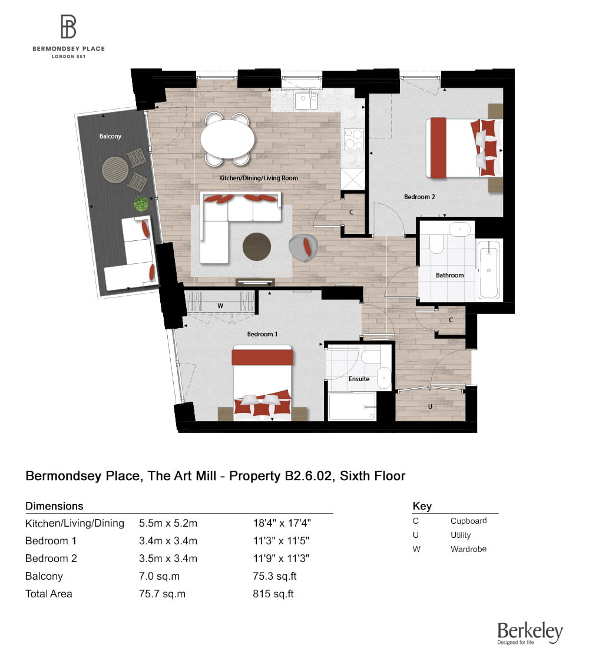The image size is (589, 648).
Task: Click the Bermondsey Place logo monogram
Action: pos(69,27)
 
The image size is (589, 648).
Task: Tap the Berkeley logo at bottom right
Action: pos(530,633)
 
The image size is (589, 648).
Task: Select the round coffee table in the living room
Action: pos(257,247)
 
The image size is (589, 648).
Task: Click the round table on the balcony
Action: pos(115,170)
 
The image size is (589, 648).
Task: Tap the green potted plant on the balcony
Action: pos(141,204)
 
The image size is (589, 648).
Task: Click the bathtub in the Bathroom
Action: pos(489,270)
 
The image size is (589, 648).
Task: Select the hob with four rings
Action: pos(353,140)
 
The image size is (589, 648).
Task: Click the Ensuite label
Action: pos(359,379)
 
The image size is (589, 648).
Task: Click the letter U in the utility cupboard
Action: pos(431,406)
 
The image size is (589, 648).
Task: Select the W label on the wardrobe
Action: pos(220,305)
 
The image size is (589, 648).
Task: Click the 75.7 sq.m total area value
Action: pos(162,594)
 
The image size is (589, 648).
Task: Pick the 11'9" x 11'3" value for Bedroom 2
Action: pos(280,558)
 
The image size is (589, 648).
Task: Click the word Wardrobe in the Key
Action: pos(468,549)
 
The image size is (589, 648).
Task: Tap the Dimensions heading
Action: pos(54,506)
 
